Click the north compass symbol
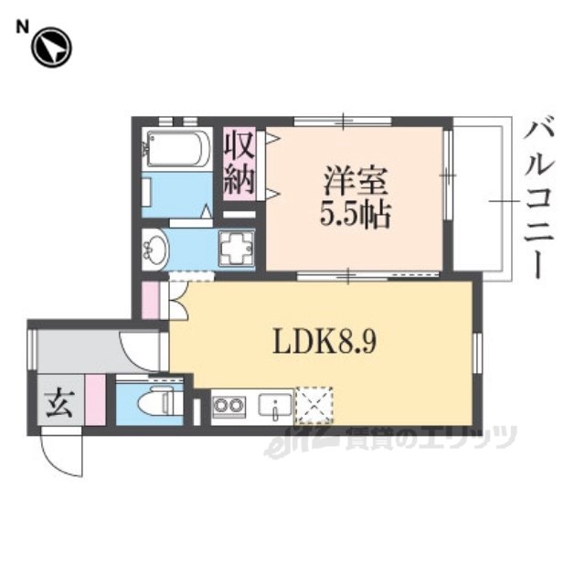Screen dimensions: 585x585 [x=51, y=48]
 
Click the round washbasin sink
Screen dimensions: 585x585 [x=155, y=249]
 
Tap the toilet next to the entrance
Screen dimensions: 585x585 [x=157, y=401]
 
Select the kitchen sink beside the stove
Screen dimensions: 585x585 [x=273, y=404]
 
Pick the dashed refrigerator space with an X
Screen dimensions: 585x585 [x=314, y=404]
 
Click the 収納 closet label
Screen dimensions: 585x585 [x=239, y=163]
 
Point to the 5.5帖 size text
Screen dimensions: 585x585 [x=354, y=216]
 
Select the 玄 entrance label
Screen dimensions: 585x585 [x=58, y=402]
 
